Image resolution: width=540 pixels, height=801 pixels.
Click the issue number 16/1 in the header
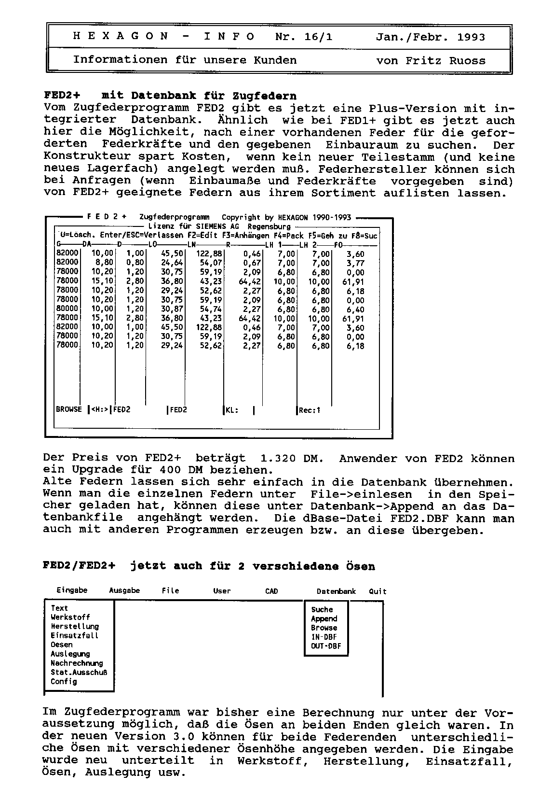tap(319, 37)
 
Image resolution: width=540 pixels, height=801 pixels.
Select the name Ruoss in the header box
tap(467, 61)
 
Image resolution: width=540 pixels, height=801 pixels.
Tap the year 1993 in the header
tap(471, 37)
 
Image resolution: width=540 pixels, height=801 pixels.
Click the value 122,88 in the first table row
tap(210, 254)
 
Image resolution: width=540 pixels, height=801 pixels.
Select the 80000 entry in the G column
tap(67, 309)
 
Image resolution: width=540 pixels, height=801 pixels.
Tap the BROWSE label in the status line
tap(69, 410)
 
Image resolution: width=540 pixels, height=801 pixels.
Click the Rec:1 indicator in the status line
tap(310, 411)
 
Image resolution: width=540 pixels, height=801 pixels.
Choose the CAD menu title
tap(271, 591)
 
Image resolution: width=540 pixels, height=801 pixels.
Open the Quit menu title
tap(378, 591)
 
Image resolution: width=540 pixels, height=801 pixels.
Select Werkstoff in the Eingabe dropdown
tap(70, 618)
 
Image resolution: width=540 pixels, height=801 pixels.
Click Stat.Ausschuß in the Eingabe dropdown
tap(79, 673)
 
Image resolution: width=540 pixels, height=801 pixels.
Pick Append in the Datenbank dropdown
tap(324, 619)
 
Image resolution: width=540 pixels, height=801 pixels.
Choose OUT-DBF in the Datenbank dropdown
tap(325, 646)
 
